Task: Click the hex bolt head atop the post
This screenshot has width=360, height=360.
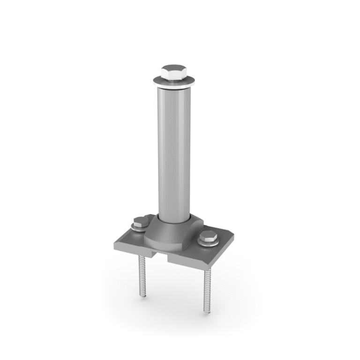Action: click(x=172, y=73)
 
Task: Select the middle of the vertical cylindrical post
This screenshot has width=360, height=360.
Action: click(x=174, y=150)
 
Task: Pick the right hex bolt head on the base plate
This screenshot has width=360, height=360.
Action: click(x=208, y=237)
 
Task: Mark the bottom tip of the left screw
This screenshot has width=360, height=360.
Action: click(x=142, y=296)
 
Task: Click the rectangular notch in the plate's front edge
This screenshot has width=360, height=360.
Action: click(x=160, y=255)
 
